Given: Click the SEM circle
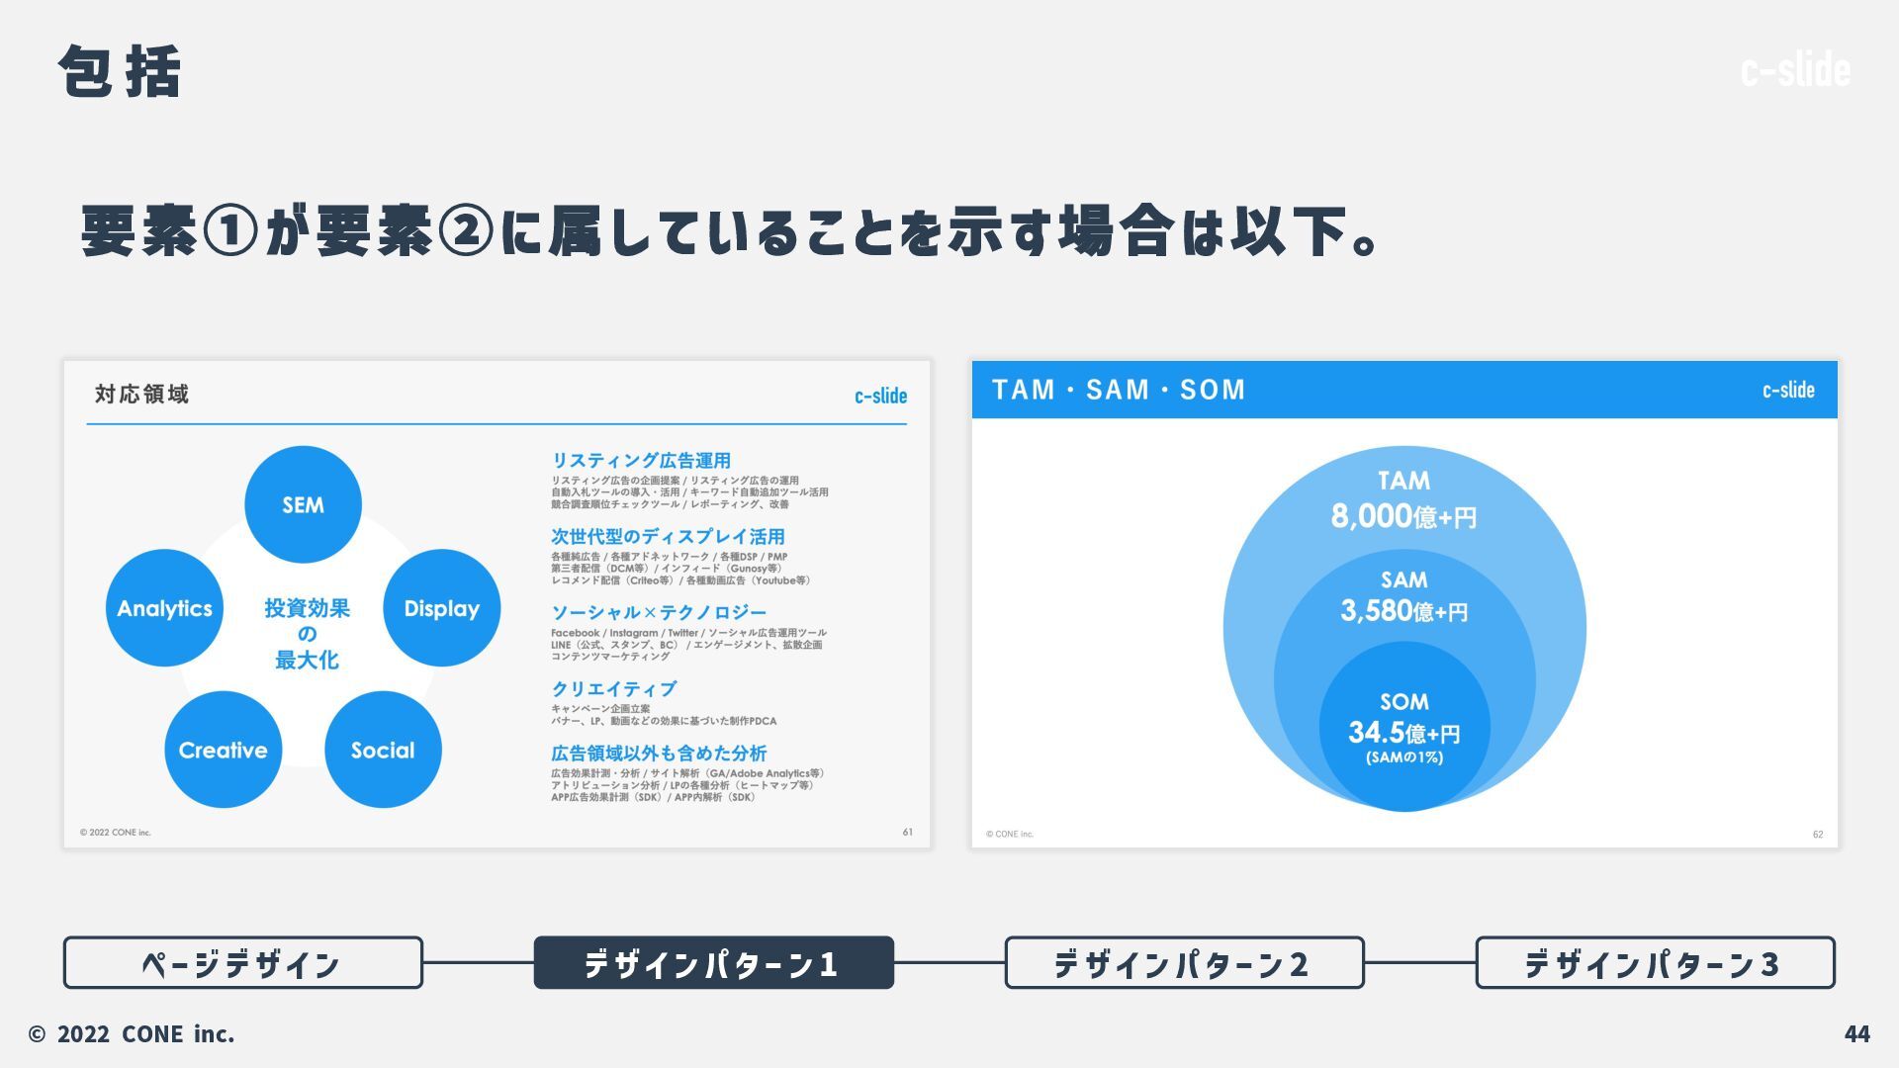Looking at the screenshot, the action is [x=303, y=504].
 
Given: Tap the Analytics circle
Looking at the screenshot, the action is [x=164, y=608].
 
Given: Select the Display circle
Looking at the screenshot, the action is [x=441, y=608].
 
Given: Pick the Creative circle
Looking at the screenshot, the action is [x=223, y=750].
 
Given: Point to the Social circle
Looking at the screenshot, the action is [x=383, y=750].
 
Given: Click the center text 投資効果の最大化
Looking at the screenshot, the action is [x=307, y=634].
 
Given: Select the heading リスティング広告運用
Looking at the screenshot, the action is [x=641, y=461].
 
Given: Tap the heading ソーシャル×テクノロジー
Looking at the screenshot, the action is [x=659, y=613].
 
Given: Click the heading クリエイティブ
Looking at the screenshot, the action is [x=614, y=689].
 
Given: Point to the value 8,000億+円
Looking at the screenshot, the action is [x=1403, y=516].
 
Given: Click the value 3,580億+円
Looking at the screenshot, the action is [x=1403, y=611].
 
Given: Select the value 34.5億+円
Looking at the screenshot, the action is [x=1403, y=733].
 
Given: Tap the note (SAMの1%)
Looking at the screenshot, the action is [x=1403, y=757].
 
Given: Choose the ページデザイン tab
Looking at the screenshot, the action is [x=242, y=963].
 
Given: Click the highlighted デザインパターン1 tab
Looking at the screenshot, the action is [x=713, y=963].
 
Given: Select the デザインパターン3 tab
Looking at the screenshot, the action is [x=1655, y=963].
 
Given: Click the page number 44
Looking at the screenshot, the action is [x=1856, y=1034].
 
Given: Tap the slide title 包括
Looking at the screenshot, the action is [x=120, y=72].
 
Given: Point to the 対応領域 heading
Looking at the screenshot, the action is [x=141, y=395].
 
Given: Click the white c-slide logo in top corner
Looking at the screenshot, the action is [x=1795, y=70].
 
